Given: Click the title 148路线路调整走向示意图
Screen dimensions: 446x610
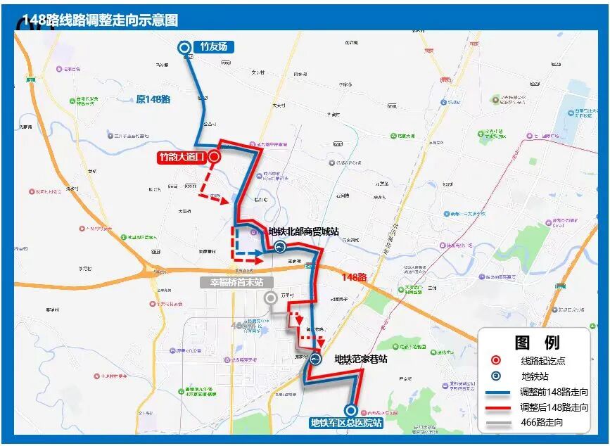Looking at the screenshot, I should coord(100,20).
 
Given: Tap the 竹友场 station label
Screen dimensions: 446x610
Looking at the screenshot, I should coord(215,48).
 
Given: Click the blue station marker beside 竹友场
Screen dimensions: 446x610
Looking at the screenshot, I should coord(185,48).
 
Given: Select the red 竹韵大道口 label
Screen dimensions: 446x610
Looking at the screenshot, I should coord(181,157).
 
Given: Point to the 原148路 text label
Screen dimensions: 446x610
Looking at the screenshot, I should coord(153,99).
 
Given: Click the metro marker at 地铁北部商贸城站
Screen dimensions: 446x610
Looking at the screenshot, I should coord(279,246).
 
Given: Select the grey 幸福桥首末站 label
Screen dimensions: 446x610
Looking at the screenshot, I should coord(236,282).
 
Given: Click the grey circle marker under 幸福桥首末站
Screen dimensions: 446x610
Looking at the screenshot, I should coord(270,298).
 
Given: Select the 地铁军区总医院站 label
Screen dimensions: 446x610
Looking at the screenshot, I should coord(346,423).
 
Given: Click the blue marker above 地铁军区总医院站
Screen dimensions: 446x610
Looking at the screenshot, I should coord(350,410).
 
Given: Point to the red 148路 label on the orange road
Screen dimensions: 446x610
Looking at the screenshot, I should coord(354,277).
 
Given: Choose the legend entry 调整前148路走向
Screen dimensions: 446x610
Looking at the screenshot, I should coord(554,392).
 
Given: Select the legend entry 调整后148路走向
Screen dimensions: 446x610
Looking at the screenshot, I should coord(554,407).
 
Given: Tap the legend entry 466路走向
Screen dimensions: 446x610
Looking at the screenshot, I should coord(542,423).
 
